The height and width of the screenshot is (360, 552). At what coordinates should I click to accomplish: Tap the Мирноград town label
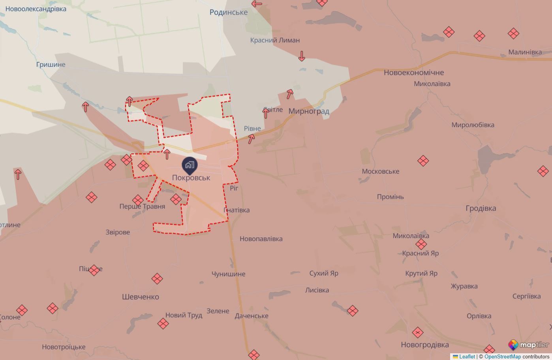(x=309, y=111)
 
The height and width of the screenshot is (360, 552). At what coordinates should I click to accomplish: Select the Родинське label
(x=229, y=12)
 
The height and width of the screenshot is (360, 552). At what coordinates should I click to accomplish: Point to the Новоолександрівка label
(x=36, y=9)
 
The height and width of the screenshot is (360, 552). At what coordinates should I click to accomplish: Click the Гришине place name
(x=51, y=64)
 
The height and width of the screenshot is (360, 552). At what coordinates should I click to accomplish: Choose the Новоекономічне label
(x=414, y=73)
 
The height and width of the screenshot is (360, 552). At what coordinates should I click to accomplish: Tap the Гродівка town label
(x=481, y=208)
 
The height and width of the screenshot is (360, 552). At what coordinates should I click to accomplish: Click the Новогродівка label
(x=424, y=345)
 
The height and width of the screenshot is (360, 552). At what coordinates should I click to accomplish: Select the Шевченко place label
(x=140, y=297)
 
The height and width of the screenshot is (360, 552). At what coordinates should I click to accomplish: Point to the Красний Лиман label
(x=275, y=40)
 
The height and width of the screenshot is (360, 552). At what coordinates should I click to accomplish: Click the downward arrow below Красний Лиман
(x=302, y=56)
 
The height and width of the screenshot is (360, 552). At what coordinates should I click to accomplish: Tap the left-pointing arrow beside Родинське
(x=257, y=4)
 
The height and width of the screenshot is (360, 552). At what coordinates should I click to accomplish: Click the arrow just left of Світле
(x=266, y=113)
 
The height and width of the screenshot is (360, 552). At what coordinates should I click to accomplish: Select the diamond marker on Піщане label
(x=94, y=270)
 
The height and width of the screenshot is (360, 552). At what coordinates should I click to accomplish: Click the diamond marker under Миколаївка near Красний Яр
(x=421, y=244)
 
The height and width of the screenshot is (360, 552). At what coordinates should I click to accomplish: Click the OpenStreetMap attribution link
(x=502, y=356)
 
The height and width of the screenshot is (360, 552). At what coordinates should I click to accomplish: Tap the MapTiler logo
(x=528, y=345)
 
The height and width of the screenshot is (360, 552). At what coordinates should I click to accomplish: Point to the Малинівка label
(x=525, y=52)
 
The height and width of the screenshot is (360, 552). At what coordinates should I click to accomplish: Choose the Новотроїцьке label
(x=64, y=347)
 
